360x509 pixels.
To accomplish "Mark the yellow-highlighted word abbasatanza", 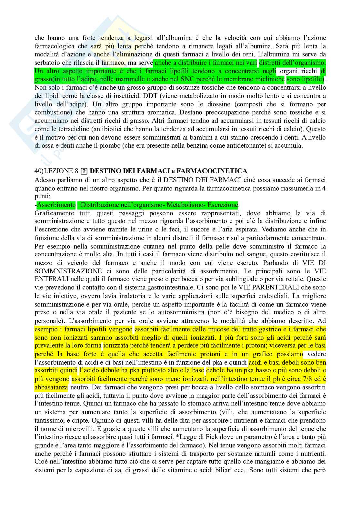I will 51,387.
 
